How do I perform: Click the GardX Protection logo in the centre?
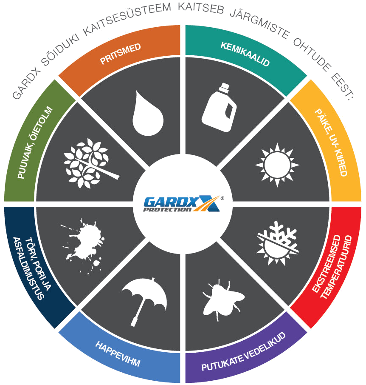point(183,204)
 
